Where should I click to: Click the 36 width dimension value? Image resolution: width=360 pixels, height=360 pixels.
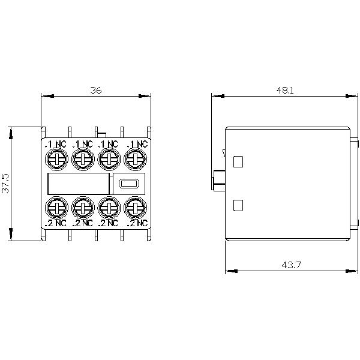point(96,91)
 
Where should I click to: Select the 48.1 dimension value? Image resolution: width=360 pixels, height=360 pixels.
point(284,91)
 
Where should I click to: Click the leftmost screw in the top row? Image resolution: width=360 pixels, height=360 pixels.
point(56,159)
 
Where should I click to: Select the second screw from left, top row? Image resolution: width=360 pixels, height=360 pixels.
point(82,159)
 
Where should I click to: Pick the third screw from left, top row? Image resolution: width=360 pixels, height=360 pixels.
point(109,159)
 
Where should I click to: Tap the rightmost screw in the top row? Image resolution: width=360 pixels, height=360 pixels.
point(136,159)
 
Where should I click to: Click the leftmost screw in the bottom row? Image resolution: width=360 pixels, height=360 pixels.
point(56,208)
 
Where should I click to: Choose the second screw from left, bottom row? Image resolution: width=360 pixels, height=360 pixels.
point(82,208)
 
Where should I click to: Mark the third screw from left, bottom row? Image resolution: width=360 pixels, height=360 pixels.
point(109,208)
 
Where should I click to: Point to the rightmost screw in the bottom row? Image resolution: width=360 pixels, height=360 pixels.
point(136,208)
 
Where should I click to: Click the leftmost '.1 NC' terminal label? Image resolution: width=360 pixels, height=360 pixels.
point(55,144)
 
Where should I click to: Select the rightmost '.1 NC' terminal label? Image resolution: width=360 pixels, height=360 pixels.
point(137,144)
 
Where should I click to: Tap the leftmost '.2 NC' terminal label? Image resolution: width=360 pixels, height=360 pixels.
point(55,223)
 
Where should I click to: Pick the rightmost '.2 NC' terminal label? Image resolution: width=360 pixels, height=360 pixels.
point(137,223)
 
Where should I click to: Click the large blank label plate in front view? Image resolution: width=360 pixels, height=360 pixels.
point(78,184)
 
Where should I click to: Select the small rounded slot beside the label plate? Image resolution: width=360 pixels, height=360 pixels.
point(128,184)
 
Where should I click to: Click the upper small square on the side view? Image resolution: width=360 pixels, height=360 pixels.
point(238,161)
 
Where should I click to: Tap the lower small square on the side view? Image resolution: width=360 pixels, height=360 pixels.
point(238,205)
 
